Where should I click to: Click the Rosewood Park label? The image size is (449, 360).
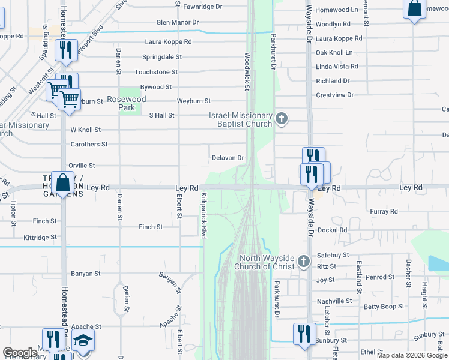[x=123, y=103]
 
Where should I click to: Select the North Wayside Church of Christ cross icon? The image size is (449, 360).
[x=304, y=262]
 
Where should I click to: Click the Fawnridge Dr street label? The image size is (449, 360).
[x=202, y=7]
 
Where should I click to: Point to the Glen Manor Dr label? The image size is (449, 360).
[x=177, y=22]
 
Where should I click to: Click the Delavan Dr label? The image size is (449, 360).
[x=228, y=158]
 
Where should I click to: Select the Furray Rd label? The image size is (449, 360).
[x=384, y=211]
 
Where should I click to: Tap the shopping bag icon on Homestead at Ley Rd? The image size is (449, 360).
[x=63, y=182]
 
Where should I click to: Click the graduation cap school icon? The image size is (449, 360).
[x=83, y=340]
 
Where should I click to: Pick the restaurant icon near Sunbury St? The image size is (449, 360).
[x=304, y=334]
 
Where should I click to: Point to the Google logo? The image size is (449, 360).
[x=20, y=353]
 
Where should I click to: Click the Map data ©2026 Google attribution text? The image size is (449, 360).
[x=412, y=355]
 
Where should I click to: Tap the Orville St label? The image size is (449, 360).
[x=82, y=165]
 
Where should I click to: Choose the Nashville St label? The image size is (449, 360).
[x=334, y=301]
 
